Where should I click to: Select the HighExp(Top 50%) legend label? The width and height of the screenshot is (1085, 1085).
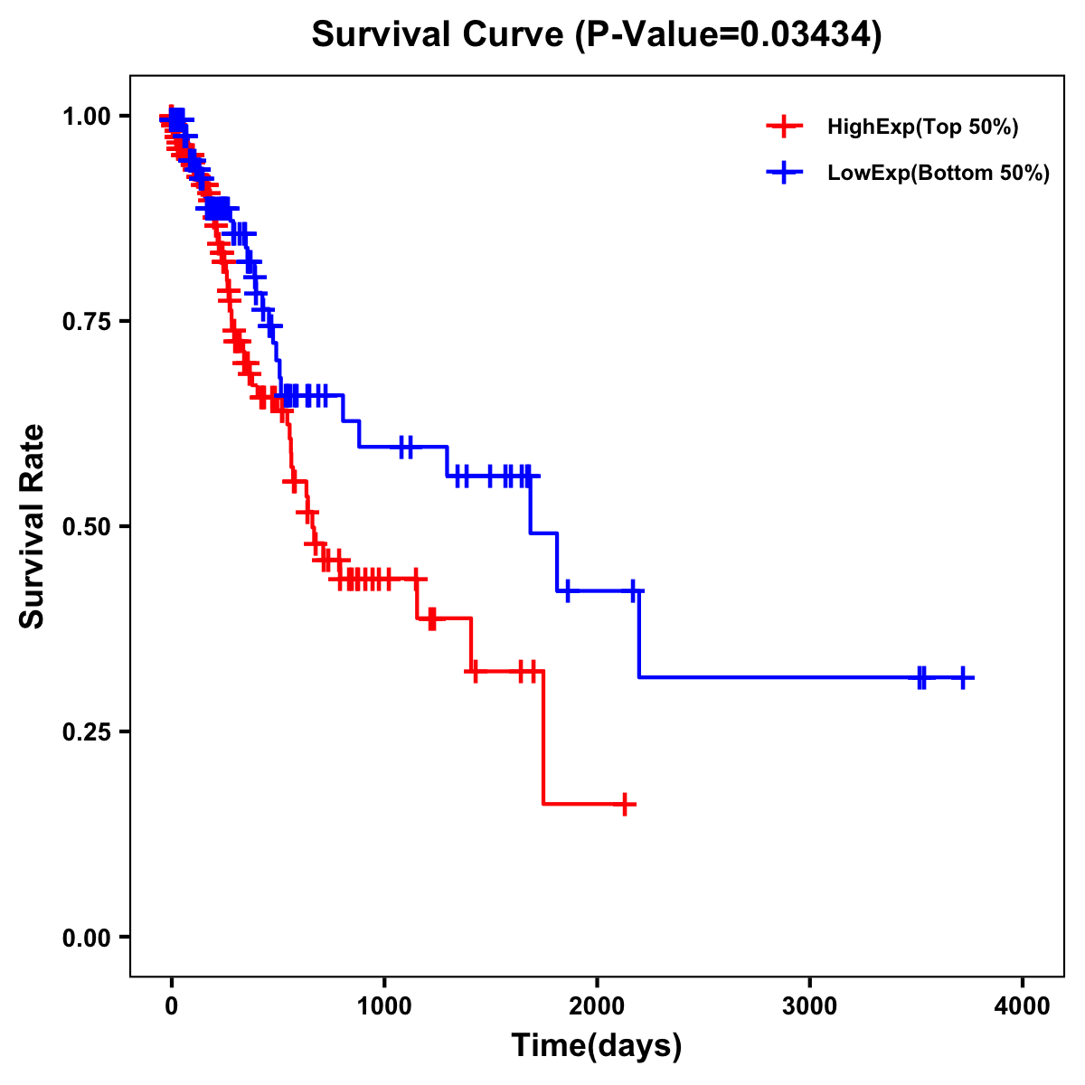click(x=922, y=127)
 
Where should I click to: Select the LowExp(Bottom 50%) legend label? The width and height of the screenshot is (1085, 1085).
click(x=939, y=174)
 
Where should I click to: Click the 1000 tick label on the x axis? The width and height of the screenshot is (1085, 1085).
click(x=384, y=1006)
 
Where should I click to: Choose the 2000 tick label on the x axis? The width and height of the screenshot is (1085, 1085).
click(x=597, y=1006)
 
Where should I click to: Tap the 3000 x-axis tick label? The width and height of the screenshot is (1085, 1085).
click(x=809, y=1006)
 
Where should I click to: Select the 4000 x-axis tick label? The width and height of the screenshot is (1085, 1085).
click(x=1023, y=1006)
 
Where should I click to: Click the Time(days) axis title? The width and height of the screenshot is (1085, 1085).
click(x=597, y=1046)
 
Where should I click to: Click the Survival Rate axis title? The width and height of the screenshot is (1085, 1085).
click(x=33, y=526)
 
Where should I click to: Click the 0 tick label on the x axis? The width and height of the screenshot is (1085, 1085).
click(x=171, y=1006)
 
